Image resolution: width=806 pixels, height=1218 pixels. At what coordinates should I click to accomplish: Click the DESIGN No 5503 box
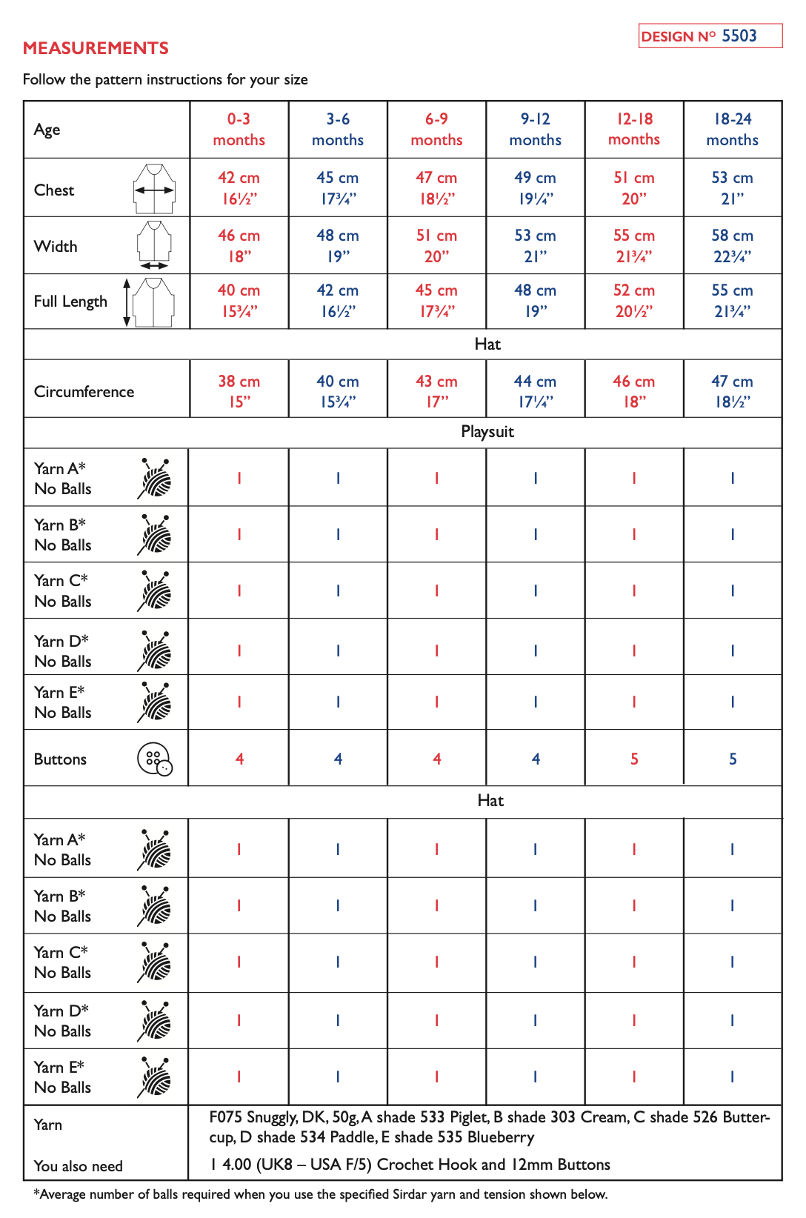[x=710, y=36]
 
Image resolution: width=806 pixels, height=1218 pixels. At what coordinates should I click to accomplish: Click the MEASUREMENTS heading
[x=96, y=48]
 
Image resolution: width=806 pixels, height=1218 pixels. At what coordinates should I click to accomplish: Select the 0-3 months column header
[x=239, y=130]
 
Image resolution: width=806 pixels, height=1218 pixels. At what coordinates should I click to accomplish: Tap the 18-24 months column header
[x=732, y=130]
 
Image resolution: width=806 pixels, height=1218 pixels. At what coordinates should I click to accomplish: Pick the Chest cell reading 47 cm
[x=436, y=188]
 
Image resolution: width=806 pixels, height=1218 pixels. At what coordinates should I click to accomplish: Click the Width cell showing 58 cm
[x=732, y=246]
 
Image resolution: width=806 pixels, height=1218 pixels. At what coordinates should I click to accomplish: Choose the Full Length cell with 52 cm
[x=633, y=301]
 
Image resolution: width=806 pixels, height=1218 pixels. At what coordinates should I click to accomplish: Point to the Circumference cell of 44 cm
[x=535, y=391]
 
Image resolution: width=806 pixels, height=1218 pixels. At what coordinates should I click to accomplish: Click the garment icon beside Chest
[x=154, y=189]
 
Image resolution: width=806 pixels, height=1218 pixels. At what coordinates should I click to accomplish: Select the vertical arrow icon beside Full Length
[x=127, y=302]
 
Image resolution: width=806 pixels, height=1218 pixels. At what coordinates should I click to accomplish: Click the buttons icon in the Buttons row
[x=155, y=759]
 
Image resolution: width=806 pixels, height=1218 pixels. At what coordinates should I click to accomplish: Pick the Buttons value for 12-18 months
[x=634, y=759]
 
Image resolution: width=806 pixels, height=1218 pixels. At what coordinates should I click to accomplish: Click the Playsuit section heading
[x=487, y=432]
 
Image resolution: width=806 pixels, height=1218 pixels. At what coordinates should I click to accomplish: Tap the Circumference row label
[x=84, y=392]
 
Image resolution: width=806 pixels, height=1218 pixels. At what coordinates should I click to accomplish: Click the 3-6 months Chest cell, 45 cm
[x=337, y=188]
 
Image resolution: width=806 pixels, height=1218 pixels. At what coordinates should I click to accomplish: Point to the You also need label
[x=79, y=1166]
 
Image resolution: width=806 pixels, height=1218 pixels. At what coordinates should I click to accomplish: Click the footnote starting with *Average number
[x=320, y=1194]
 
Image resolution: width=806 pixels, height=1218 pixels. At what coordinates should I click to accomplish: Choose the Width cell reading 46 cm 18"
[x=239, y=246]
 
